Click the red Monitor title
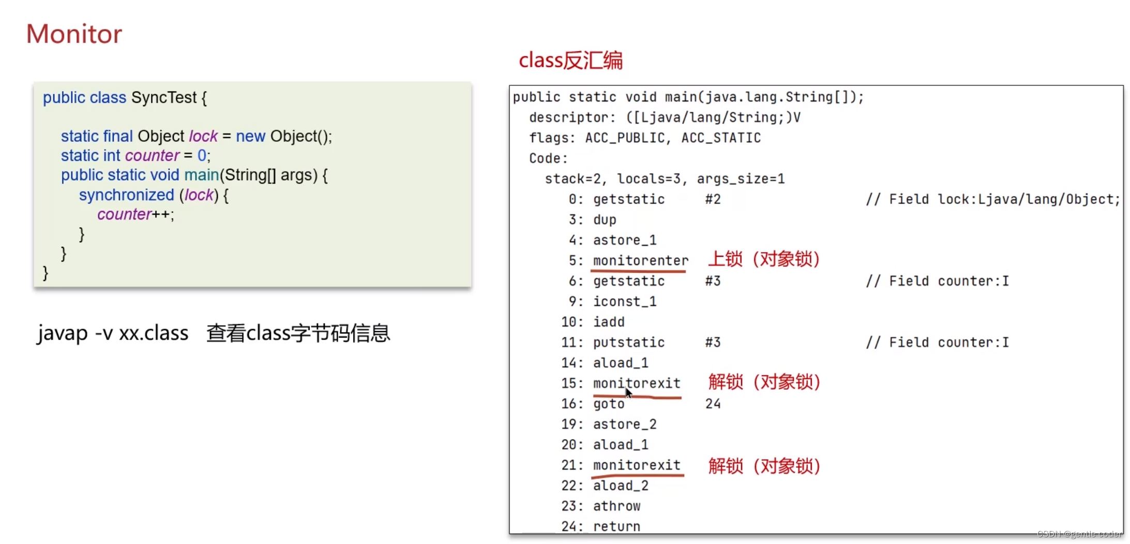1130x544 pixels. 74,34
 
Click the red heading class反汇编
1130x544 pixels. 570,61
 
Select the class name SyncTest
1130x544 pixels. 163,98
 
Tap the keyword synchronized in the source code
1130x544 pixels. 126,195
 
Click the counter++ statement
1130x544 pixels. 135,214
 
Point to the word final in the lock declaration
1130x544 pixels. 118,136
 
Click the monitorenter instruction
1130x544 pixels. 640,260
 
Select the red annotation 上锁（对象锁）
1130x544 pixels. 763,259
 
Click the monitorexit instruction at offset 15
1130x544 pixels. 636,383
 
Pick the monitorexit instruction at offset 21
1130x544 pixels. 636,465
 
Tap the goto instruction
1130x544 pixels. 609,404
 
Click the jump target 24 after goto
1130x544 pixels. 713,404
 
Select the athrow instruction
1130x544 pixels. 616,506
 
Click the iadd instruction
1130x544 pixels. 609,322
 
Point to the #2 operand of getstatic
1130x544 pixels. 713,199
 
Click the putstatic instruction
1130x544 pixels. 628,342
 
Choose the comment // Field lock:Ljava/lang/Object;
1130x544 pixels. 992,199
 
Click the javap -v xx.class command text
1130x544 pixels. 112,333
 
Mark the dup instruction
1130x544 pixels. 605,219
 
